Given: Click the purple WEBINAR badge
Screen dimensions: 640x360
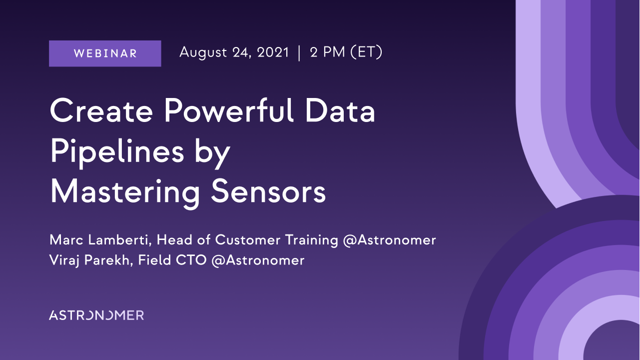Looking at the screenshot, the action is point(105,53).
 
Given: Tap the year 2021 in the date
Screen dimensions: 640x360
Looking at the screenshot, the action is point(273,52).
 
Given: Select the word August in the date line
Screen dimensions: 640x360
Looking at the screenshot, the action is point(203,53).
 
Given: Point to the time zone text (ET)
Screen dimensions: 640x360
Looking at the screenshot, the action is point(366,52).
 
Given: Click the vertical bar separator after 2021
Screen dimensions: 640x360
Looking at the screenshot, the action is point(299,53).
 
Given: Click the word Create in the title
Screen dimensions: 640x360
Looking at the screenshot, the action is point(101,110).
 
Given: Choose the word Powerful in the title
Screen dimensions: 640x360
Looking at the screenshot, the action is point(229,110).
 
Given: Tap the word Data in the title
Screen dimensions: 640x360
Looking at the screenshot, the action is point(340,110).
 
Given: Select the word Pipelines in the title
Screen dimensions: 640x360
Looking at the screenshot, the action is point(117,152).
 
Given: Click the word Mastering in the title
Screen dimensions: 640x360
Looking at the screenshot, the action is point(125,192).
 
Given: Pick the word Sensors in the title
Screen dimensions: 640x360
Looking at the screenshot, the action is point(268,191).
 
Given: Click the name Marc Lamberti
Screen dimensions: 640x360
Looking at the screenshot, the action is point(100,239).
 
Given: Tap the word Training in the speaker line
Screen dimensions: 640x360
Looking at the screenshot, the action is point(312,240).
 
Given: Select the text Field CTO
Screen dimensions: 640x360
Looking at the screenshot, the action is point(172,260).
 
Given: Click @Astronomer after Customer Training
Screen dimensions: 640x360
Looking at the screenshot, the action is point(389,240).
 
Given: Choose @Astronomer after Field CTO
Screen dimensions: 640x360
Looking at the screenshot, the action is point(258,260).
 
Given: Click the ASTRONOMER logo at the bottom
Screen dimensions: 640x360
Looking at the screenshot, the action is point(96,315).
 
